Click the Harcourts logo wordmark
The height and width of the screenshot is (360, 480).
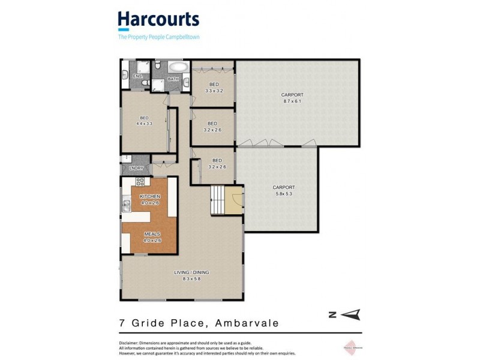[x=158, y=20]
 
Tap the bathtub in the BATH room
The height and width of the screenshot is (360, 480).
[x=177, y=67]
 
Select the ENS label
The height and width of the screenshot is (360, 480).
[x=137, y=76]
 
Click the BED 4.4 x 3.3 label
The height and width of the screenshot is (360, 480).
[x=144, y=121]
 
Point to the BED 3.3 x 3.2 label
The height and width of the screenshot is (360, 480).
[x=214, y=88]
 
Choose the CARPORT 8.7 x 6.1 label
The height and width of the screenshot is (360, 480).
[x=292, y=98]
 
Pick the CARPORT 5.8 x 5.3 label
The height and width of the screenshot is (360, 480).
[x=284, y=190]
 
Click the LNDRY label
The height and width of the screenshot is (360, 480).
[x=136, y=168]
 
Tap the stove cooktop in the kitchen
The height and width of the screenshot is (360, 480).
[x=140, y=181]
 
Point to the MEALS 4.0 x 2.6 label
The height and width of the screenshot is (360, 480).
[x=152, y=238]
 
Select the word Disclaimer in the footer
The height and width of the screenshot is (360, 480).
[x=130, y=343]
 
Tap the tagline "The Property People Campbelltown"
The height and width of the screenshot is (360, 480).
[x=158, y=37]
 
